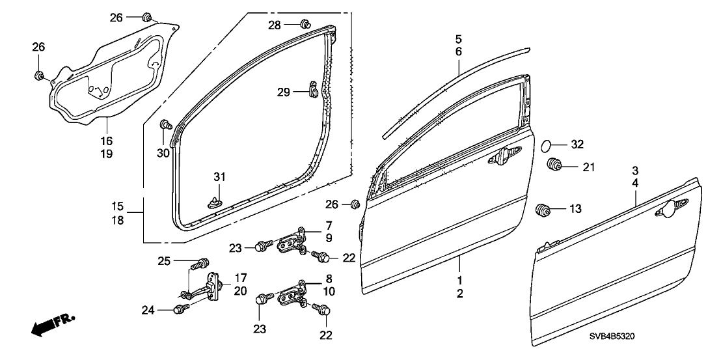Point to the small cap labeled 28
coord(305,25)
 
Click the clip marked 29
coord(311,91)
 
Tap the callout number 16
coord(106,141)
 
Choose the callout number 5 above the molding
coord(458,38)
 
